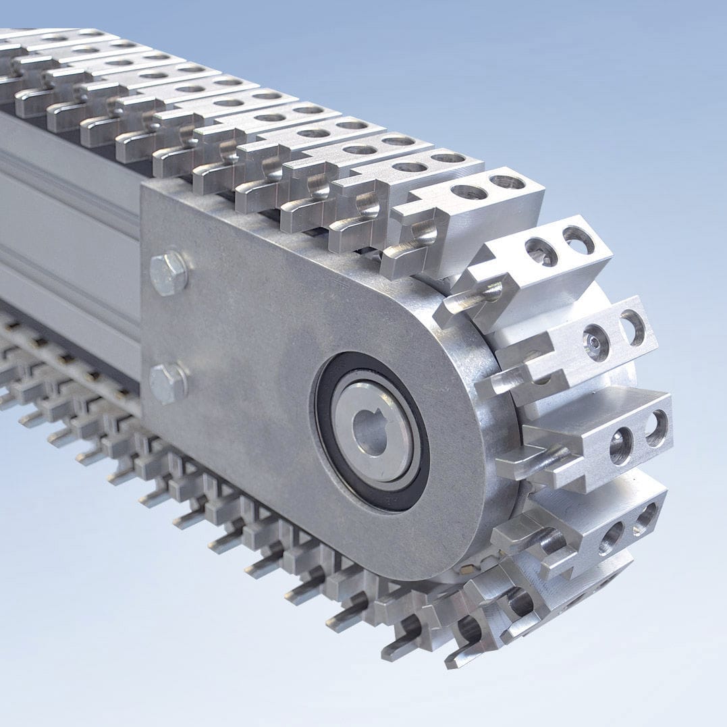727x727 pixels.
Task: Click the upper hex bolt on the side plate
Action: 168,273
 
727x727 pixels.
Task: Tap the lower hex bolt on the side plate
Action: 167,383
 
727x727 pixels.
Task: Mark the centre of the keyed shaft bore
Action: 371,433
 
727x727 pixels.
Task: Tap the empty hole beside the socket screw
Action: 632,327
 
